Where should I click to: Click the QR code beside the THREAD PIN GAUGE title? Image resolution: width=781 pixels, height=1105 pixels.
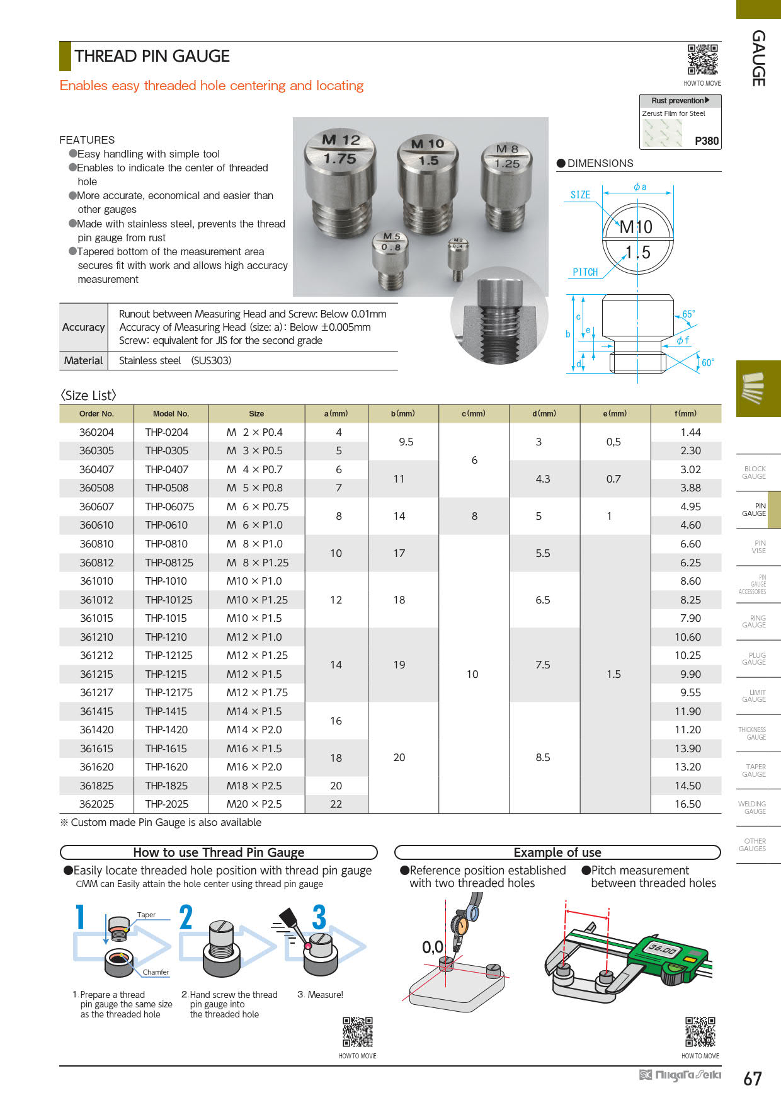[x=702, y=60]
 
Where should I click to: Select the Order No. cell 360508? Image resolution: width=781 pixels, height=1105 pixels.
[x=96, y=488]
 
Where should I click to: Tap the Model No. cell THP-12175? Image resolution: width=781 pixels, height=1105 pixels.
[x=169, y=692]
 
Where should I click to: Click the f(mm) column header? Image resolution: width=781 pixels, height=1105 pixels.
[x=685, y=413]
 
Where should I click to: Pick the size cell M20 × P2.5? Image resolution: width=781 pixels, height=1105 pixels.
[x=254, y=804]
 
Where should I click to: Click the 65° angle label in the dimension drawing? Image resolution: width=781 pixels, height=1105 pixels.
[x=688, y=314]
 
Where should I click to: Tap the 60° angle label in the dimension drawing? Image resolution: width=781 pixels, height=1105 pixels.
[x=707, y=363]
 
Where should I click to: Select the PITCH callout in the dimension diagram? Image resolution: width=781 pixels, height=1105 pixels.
[x=585, y=272]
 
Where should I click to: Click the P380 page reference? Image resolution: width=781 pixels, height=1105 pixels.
[x=706, y=141]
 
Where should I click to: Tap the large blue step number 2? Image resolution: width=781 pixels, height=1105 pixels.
[x=185, y=917]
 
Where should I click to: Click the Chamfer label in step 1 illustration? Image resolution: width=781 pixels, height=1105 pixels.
[x=156, y=972]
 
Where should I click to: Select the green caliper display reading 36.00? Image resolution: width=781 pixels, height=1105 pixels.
[x=662, y=949]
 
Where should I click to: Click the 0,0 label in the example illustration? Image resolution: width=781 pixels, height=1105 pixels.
[x=433, y=947]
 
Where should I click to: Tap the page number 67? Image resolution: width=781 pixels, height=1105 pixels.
[x=753, y=1079]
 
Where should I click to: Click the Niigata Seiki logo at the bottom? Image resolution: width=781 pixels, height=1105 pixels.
[x=680, y=1075]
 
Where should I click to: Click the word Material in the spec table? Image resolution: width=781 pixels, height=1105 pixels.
[x=83, y=360]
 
